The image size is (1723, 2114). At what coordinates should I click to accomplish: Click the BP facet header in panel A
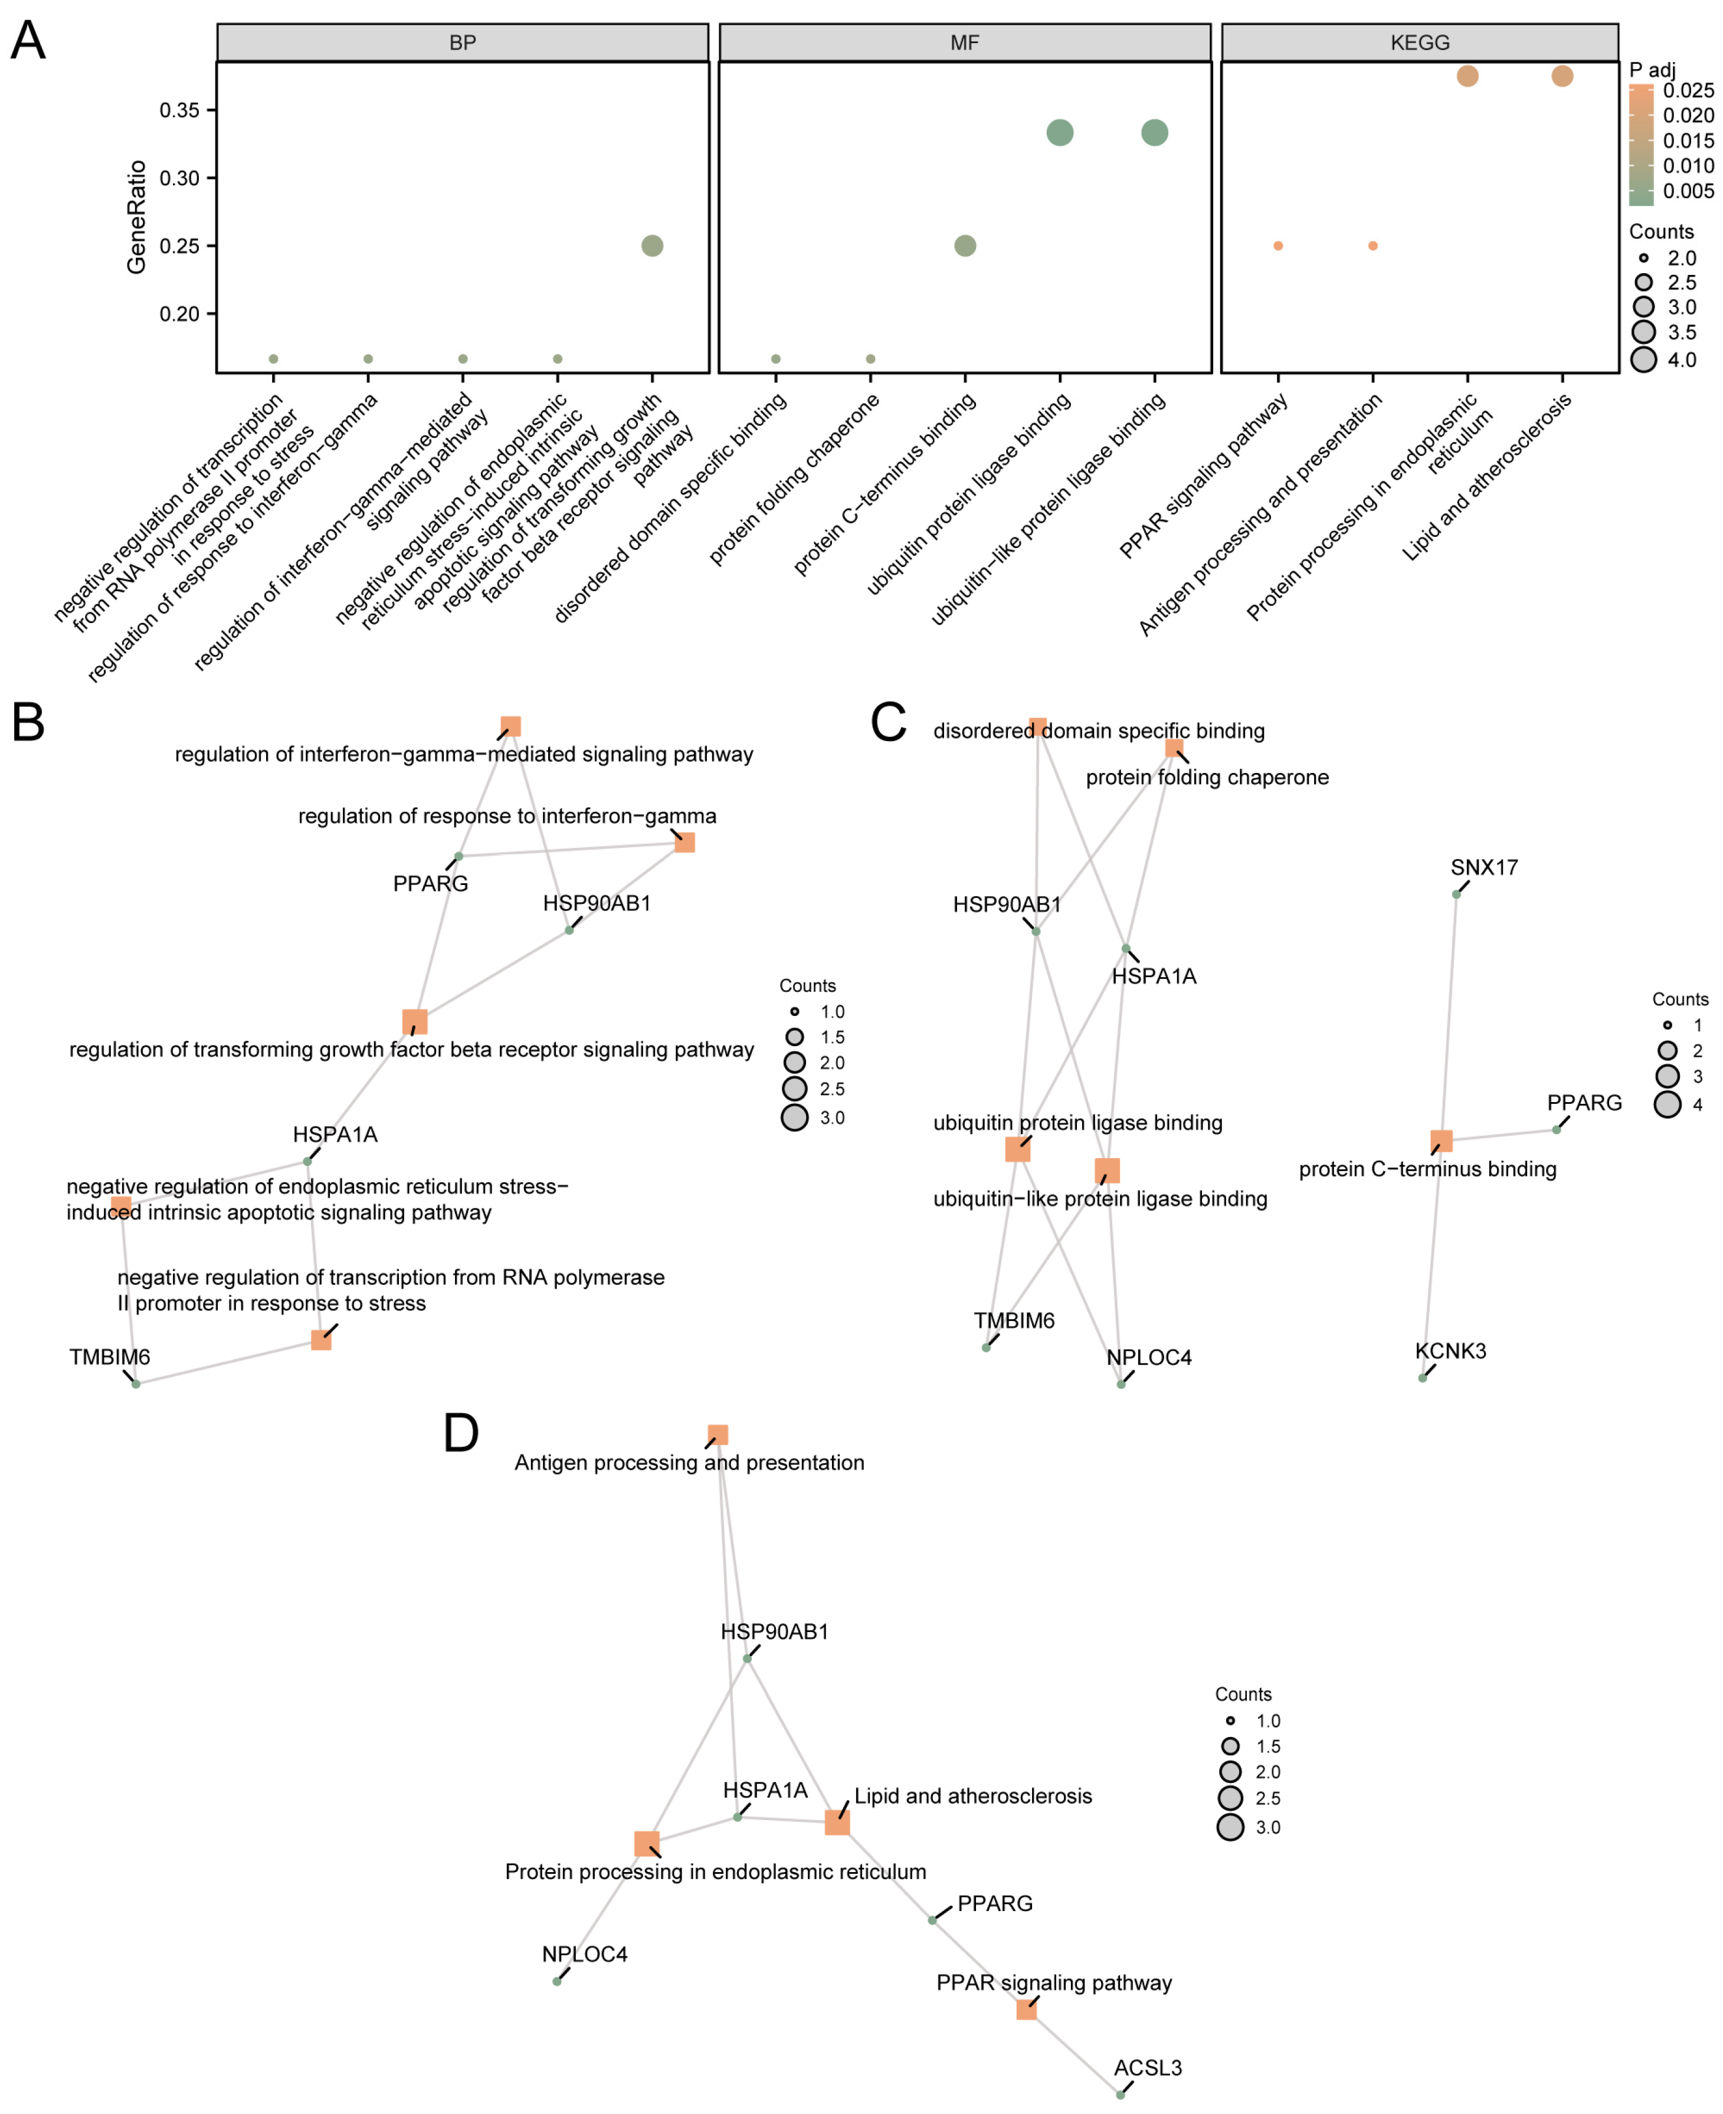pyautogui.click(x=463, y=42)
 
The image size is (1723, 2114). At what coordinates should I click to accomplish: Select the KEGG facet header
pyautogui.click(x=1419, y=42)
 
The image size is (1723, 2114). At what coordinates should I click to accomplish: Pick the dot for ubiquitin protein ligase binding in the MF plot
pyautogui.click(x=1060, y=132)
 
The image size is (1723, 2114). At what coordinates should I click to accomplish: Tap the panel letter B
pyautogui.click(x=28, y=723)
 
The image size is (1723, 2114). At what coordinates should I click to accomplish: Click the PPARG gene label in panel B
pyautogui.click(x=430, y=883)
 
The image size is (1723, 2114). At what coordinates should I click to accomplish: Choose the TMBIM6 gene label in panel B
pyautogui.click(x=109, y=1357)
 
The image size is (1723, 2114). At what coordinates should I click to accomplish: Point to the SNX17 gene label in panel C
pyautogui.click(x=1484, y=867)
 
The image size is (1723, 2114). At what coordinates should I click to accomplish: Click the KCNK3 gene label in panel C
pyautogui.click(x=1450, y=1351)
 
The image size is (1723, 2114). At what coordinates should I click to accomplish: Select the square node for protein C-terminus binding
pyautogui.click(x=1441, y=1141)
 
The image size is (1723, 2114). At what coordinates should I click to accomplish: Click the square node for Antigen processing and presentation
pyautogui.click(x=718, y=1435)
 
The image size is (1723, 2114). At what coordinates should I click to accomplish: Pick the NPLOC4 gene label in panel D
pyautogui.click(x=585, y=1954)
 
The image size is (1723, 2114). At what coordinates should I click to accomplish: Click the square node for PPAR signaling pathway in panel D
pyautogui.click(x=1026, y=2010)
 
